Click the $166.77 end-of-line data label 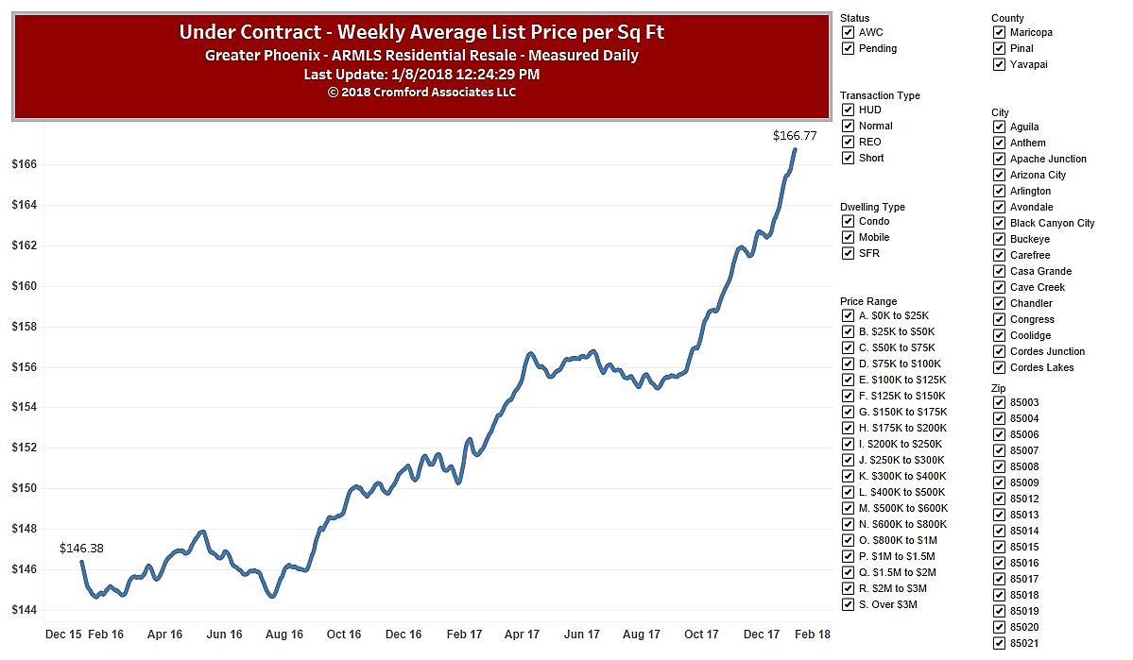click(x=794, y=136)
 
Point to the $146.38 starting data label click(x=81, y=548)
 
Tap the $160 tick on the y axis click(x=24, y=286)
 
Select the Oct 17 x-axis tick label click(x=701, y=635)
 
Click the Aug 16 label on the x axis click(x=284, y=635)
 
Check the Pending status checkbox click(x=848, y=48)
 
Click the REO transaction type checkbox click(x=848, y=142)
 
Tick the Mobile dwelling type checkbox click(x=848, y=237)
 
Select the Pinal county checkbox click(x=999, y=48)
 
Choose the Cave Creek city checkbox click(x=999, y=287)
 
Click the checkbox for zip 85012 click(x=999, y=499)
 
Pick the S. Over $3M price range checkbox click(x=848, y=604)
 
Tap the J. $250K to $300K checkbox click(x=848, y=460)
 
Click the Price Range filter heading click(x=869, y=302)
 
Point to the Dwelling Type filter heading click(x=872, y=207)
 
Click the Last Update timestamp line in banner click(x=421, y=74)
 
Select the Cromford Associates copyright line click(x=421, y=92)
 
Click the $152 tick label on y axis click(x=24, y=448)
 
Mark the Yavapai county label click(x=1028, y=64)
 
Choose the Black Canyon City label click(x=1052, y=223)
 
